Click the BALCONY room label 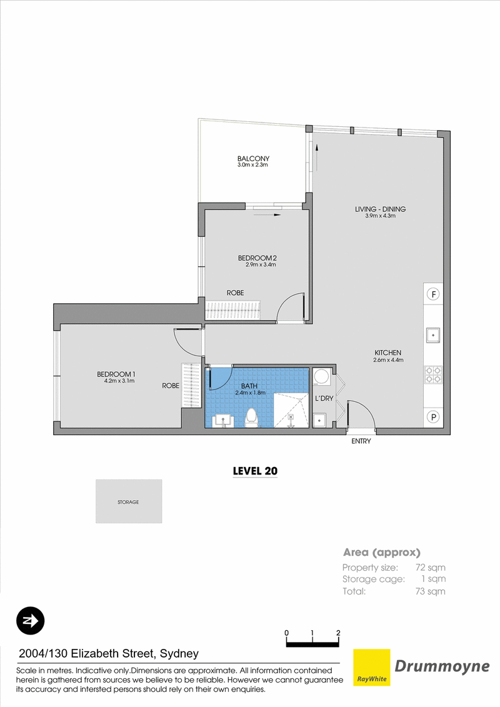pyautogui.click(x=253, y=159)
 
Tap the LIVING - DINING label pyautogui.click(x=380, y=209)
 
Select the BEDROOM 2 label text pyautogui.click(x=257, y=258)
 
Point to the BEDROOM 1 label pyautogui.click(x=116, y=374)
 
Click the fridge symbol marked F pyautogui.click(x=433, y=294)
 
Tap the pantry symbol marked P pyautogui.click(x=433, y=417)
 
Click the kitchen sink pyautogui.click(x=433, y=335)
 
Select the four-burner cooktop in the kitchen pyautogui.click(x=433, y=375)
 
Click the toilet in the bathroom pyautogui.click(x=252, y=418)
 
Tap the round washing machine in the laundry pyautogui.click(x=321, y=376)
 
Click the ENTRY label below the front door pyautogui.click(x=361, y=441)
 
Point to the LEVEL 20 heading pyautogui.click(x=255, y=471)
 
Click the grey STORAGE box pyautogui.click(x=129, y=501)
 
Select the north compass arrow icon pyautogui.click(x=30, y=621)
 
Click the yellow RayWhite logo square pyautogui.click(x=371, y=668)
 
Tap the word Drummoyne pyautogui.click(x=442, y=666)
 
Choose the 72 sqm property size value pyautogui.click(x=430, y=568)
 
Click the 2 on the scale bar pyautogui.click(x=338, y=633)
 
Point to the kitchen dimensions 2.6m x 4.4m pyautogui.click(x=388, y=360)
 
